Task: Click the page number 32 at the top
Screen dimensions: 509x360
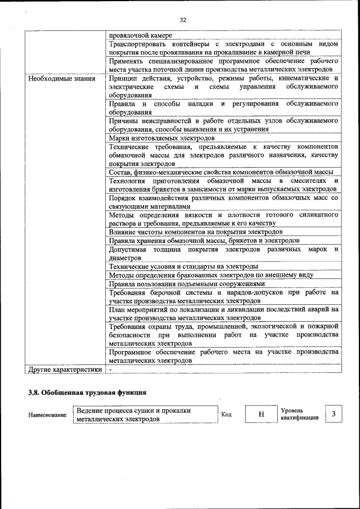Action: click(x=183, y=20)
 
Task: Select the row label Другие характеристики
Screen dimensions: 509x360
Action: click(x=65, y=370)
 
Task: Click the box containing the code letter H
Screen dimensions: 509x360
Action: click(x=261, y=415)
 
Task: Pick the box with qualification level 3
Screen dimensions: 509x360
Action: click(x=334, y=415)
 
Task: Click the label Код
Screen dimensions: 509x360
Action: click(x=227, y=415)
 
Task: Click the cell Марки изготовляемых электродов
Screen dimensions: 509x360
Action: click(x=161, y=138)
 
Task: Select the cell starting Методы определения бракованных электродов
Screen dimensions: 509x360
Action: click(x=211, y=275)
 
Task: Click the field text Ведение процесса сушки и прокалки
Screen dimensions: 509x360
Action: click(x=134, y=411)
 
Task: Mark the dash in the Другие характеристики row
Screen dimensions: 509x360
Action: click(x=111, y=370)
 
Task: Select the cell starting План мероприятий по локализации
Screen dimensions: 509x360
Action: click(x=223, y=313)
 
